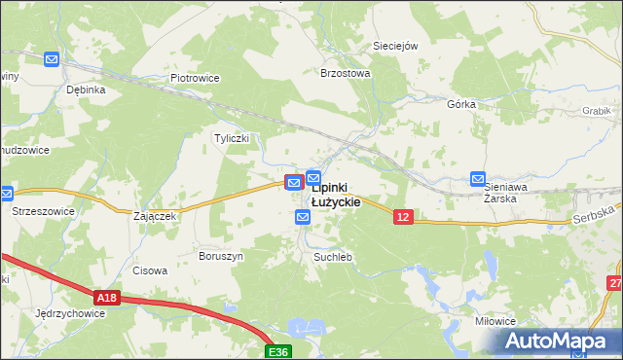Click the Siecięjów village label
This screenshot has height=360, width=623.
pyautogui.click(x=395, y=46)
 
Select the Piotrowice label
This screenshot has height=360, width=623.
pyautogui.click(x=196, y=79)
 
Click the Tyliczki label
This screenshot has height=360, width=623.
pyautogui.click(x=232, y=138)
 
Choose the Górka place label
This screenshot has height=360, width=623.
pyautogui.click(x=460, y=104)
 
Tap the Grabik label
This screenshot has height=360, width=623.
pyautogui.click(x=596, y=111)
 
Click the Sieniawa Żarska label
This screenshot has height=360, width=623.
pyautogui.click(x=513, y=191)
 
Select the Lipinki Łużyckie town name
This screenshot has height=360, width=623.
pyautogui.click(x=336, y=195)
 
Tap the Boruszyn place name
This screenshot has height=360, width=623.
pyautogui.click(x=220, y=256)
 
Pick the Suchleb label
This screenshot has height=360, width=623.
pyautogui.click(x=332, y=257)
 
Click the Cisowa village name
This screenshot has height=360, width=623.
pyautogui.click(x=151, y=271)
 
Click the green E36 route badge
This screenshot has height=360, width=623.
pyautogui.click(x=279, y=348)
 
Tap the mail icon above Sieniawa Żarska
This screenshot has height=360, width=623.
pyautogui.click(x=478, y=179)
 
